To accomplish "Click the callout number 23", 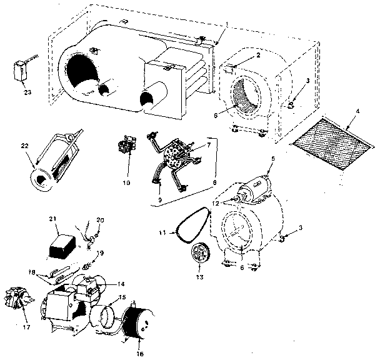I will coord(26,94).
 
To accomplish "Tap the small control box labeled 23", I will coord(21,69).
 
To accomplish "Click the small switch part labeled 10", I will coord(127,147).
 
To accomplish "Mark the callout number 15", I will coord(122,297).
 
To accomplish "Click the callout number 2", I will coord(257,56).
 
